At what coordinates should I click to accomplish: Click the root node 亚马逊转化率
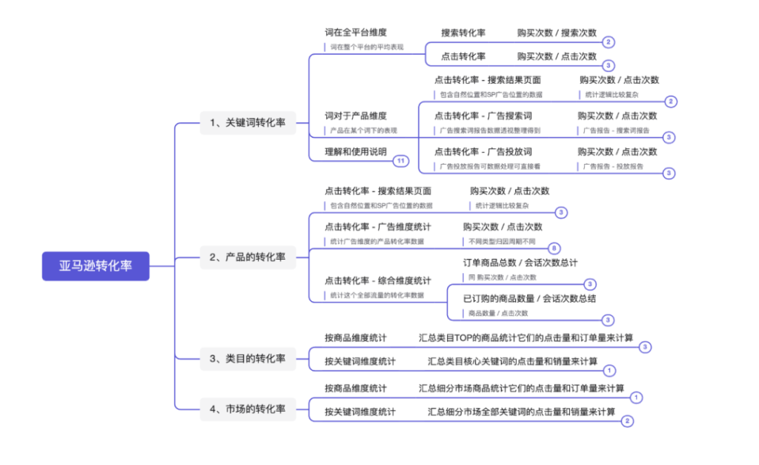pyautogui.click(x=96, y=266)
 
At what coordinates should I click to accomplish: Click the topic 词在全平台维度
pyautogui.click(x=356, y=33)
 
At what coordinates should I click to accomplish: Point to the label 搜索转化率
pyautogui.click(x=463, y=33)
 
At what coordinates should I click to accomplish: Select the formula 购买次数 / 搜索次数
pyautogui.click(x=557, y=33)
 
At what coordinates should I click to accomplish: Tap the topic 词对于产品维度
pyautogui.click(x=356, y=116)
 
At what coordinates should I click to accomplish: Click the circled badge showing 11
pyautogui.click(x=401, y=161)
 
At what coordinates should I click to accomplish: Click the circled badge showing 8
pyautogui.click(x=554, y=248)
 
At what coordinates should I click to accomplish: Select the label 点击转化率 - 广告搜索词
pyautogui.click(x=483, y=116)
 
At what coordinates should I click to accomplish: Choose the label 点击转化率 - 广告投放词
pyautogui.click(x=483, y=151)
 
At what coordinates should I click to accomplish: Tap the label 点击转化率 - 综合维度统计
pyautogui.click(x=377, y=280)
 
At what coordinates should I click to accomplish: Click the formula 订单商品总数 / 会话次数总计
pyautogui.click(x=520, y=263)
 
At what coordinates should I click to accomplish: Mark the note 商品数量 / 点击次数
pyautogui.click(x=498, y=313)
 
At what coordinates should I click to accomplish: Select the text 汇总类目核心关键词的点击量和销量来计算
pyautogui.click(x=512, y=361)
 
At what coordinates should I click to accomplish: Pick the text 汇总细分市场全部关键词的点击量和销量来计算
pyautogui.click(x=521, y=412)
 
